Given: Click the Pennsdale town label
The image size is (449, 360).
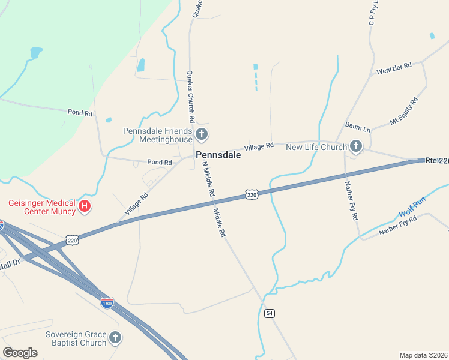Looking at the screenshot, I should (x=218, y=155).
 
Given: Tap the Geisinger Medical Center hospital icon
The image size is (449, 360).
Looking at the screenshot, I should (x=85, y=207).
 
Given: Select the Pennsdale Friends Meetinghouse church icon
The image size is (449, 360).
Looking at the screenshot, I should (x=202, y=134).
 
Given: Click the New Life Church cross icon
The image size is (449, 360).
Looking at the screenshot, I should (x=356, y=146).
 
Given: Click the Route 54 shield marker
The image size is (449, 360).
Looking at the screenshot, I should (x=270, y=313).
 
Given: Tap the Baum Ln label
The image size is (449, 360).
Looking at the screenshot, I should (x=358, y=127).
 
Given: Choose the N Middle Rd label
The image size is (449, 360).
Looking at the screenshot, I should (x=208, y=179).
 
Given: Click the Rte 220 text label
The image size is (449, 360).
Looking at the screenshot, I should (x=437, y=161).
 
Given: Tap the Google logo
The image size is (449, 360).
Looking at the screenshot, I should (x=20, y=353).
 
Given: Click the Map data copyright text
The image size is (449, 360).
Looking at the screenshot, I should (x=423, y=355).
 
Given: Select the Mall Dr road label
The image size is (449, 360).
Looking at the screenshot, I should (x=10, y=262).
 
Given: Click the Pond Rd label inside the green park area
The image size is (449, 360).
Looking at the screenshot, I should (x=80, y=113).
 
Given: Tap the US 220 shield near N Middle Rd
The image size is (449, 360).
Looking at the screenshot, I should (x=252, y=195).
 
